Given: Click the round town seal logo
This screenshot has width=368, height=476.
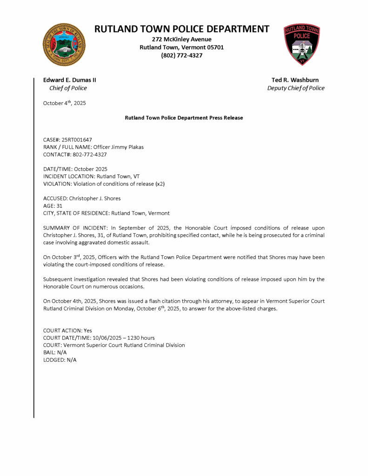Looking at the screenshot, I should click(x=64, y=45).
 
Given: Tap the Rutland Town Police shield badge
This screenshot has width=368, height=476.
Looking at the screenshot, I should click(x=302, y=45).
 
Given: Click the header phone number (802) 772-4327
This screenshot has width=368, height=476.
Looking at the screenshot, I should click(x=181, y=55).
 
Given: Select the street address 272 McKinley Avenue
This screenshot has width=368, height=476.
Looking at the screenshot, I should click(x=181, y=39).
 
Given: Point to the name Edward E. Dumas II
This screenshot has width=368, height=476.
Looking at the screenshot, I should click(x=70, y=80).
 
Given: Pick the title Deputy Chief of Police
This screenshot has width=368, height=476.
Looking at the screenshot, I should click(x=296, y=88).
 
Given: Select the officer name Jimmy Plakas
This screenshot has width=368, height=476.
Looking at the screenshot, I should click(x=127, y=147).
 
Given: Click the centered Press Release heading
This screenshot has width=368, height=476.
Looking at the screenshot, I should click(x=184, y=118).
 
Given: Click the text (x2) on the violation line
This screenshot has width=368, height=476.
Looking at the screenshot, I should click(x=161, y=184).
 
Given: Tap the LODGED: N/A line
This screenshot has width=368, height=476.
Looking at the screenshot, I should click(x=60, y=360).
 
